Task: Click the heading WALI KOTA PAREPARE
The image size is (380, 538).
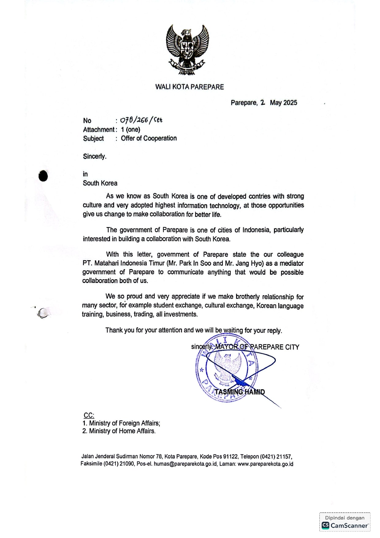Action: click(x=189, y=87)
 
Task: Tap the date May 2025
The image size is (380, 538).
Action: click(x=283, y=103)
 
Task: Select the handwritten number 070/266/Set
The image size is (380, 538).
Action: click(x=141, y=120)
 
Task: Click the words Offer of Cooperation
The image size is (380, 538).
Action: click(x=149, y=138)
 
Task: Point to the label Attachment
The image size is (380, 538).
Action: click(x=98, y=130)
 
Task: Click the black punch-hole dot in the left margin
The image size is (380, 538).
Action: click(x=43, y=176)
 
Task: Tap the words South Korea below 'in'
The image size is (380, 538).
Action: click(x=100, y=183)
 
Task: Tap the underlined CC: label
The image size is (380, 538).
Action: click(x=89, y=415)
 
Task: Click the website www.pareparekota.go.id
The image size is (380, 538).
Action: click(x=265, y=464)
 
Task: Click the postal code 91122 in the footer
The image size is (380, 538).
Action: click(x=230, y=456)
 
